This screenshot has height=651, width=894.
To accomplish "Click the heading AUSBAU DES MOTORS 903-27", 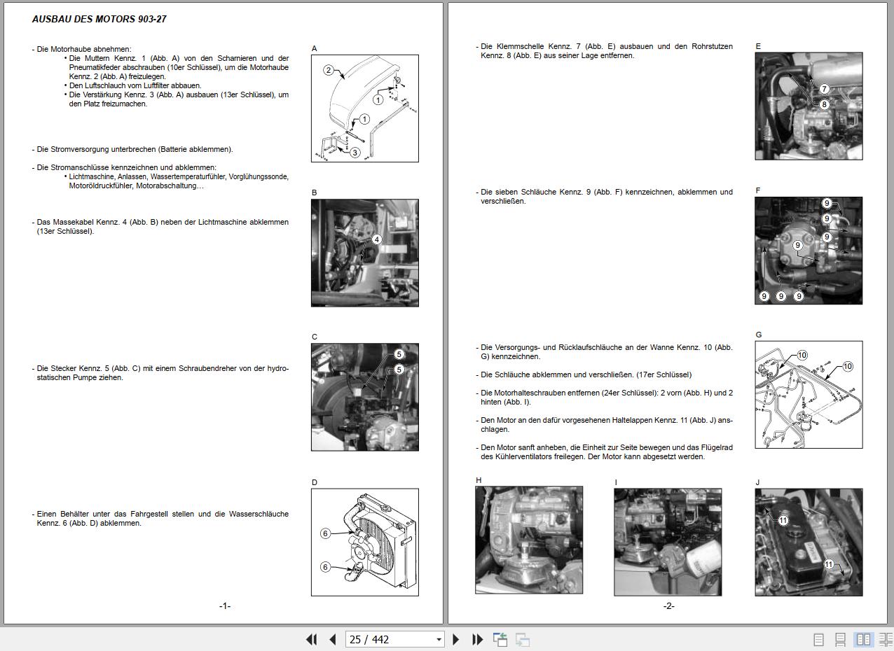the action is (x=99, y=19).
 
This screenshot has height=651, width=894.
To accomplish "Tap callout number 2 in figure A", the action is (x=329, y=71).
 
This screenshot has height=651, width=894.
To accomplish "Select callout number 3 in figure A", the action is (x=355, y=153).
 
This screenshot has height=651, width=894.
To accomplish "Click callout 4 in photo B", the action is (x=377, y=239).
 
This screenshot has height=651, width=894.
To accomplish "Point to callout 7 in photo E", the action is (x=824, y=89).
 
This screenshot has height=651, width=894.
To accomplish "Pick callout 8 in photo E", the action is (x=824, y=104).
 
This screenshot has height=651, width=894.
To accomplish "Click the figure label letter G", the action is (x=759, y=335).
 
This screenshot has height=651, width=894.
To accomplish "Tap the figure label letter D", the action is (x=315, y=482).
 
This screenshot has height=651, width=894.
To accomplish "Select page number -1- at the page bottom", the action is (x=225, y=606).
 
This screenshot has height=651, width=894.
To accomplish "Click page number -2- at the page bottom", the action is (x=669, y=606).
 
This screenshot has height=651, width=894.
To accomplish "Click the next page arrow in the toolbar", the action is (x=456, y=639).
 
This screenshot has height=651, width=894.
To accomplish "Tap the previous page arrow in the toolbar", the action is (x=333, y=639).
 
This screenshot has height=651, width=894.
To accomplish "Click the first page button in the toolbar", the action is (x=312, y=639).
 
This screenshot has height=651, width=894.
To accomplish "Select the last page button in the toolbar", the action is (x=477, y=639).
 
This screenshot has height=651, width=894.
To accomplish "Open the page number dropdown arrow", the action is (x=439, y=640).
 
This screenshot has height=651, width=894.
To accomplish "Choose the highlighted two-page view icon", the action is (x=864, y=639).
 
